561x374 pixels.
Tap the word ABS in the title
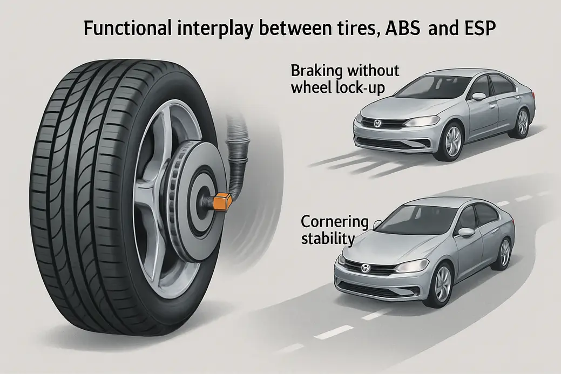(x=396, y=28)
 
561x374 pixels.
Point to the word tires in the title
(x=348, y=28)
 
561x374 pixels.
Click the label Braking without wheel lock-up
(x=344, y=79)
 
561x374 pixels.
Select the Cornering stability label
(x=334, y=229)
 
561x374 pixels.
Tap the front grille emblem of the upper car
(x=377, y=124)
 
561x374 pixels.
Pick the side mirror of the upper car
(x=478, y=97)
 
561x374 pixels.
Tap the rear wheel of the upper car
(x=522, y=123)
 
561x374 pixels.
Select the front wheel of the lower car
(x=442, y=284)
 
